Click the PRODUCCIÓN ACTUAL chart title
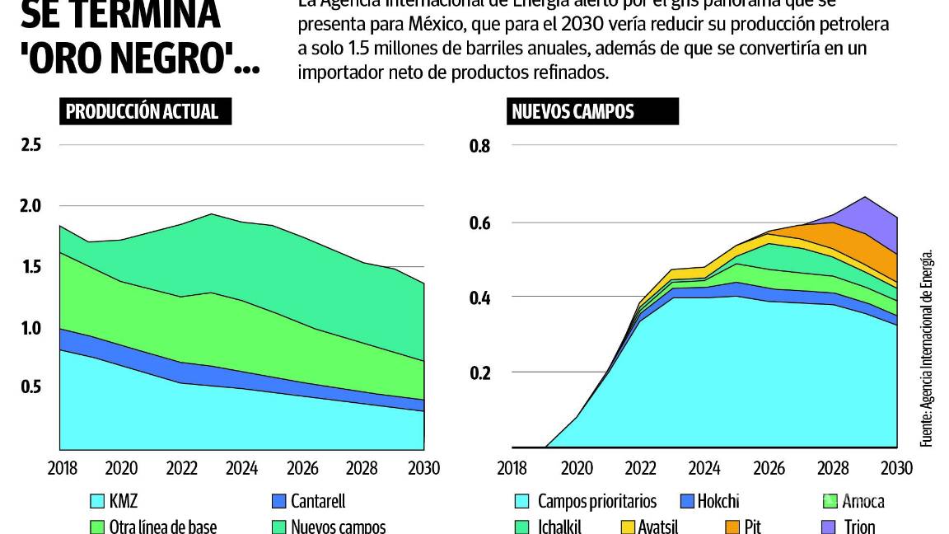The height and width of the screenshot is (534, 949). pos(141,112)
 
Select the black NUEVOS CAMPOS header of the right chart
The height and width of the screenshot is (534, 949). pos(573,112)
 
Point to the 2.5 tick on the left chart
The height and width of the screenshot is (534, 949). pos(30,146)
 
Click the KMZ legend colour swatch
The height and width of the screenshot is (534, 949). pos(96,501)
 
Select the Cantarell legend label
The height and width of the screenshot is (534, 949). pos(318,501)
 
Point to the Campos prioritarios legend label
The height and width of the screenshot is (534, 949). pos(597,501)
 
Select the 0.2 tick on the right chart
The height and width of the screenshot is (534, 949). pos(479,372)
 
